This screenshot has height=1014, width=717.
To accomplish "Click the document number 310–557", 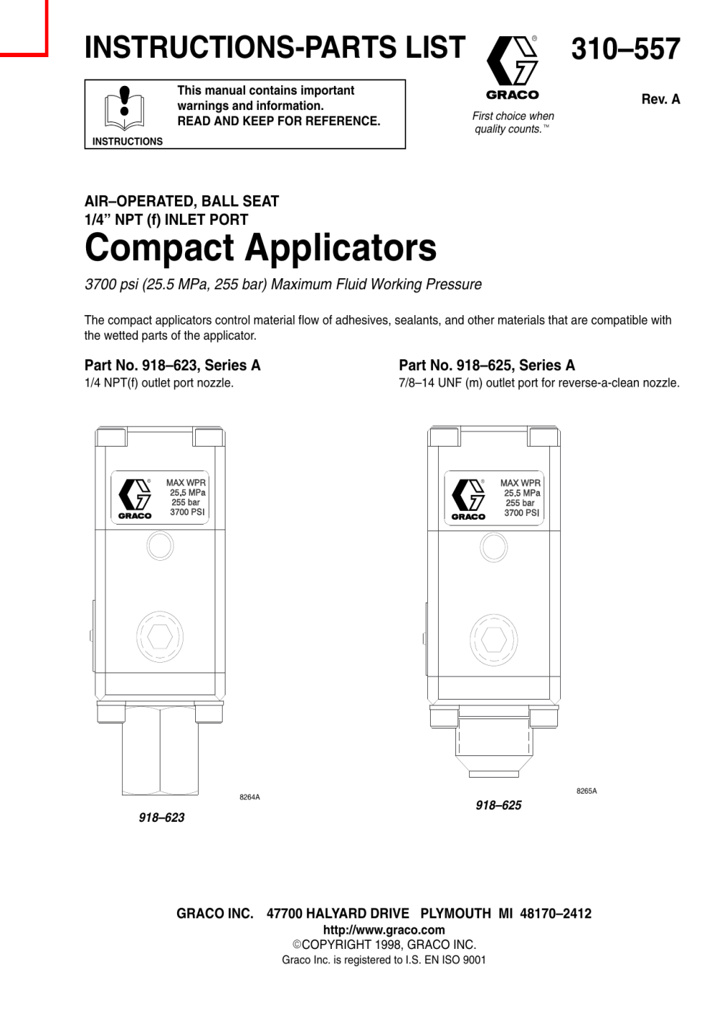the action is pos(625,49).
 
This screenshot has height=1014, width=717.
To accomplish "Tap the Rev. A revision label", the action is pos(661,99).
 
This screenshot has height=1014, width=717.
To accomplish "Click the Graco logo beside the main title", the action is pos(512,67).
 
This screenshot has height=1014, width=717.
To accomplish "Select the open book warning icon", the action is pos(124,108).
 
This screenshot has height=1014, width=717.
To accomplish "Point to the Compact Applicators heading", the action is pos(261,247).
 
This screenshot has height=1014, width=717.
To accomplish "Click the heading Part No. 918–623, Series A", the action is pos(173,365).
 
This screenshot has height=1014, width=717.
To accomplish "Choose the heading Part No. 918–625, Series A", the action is pos(487,365).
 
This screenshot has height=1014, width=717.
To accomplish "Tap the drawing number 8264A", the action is pos(249,797).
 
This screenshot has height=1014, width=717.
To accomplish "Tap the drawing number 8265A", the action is pos(587,791).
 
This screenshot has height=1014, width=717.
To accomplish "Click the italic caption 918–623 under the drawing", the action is pos(162,817).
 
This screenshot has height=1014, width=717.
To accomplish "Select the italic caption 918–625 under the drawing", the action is pos(499,805).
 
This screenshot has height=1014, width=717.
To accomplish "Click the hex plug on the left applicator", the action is pos(160,637).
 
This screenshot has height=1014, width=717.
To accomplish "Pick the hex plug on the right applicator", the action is pos(494,639).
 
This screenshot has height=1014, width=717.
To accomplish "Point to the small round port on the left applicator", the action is pos(160,546).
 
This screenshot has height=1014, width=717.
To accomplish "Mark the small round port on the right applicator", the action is pos(494,547).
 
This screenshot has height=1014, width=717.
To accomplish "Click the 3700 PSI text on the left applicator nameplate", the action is pos(187,512).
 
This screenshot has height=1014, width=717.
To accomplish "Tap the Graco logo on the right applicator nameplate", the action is pos(468,499).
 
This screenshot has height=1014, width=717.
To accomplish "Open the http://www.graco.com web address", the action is pos(384,930).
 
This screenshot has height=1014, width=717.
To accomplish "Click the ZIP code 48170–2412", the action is pos(555,914).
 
